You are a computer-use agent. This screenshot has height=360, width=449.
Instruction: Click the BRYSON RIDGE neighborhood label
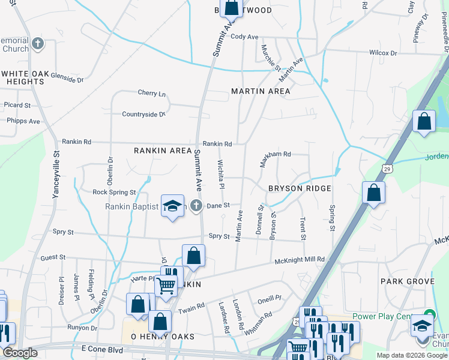click(300, 188)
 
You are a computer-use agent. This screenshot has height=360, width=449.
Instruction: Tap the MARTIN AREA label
click(261, 91)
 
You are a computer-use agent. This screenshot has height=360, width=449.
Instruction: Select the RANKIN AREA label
click(162, 151)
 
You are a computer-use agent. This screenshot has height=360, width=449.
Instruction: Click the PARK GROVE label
click(407, 281)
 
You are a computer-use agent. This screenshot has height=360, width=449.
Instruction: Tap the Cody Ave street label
click(244, 37)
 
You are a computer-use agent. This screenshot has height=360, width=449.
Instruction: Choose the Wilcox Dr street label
click(383, 53)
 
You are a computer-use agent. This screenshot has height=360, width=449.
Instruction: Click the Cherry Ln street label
click(151, 93)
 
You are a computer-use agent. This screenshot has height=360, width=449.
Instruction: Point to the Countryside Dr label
click(143, 114)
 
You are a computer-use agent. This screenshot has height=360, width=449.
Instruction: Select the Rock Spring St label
click(114, 193)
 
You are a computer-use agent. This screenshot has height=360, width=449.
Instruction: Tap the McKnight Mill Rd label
click(300, 259)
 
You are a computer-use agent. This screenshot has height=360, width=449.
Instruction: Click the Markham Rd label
click(276, 154)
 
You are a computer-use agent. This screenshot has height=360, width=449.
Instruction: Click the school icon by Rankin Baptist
click(172, 206)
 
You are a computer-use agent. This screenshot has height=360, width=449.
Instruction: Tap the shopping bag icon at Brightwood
click(231, 8)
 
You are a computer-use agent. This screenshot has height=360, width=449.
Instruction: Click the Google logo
click(20, 353)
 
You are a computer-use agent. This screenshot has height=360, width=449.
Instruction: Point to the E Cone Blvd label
click(106, 349)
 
